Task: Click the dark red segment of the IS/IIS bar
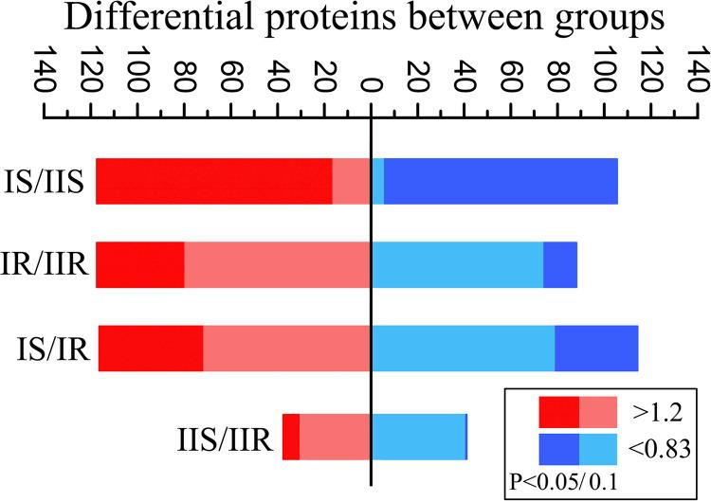[213, 181]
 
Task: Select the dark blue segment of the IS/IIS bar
[501, 181]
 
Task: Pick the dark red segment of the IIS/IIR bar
[291, 437]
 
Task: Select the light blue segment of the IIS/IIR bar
[418, 437]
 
